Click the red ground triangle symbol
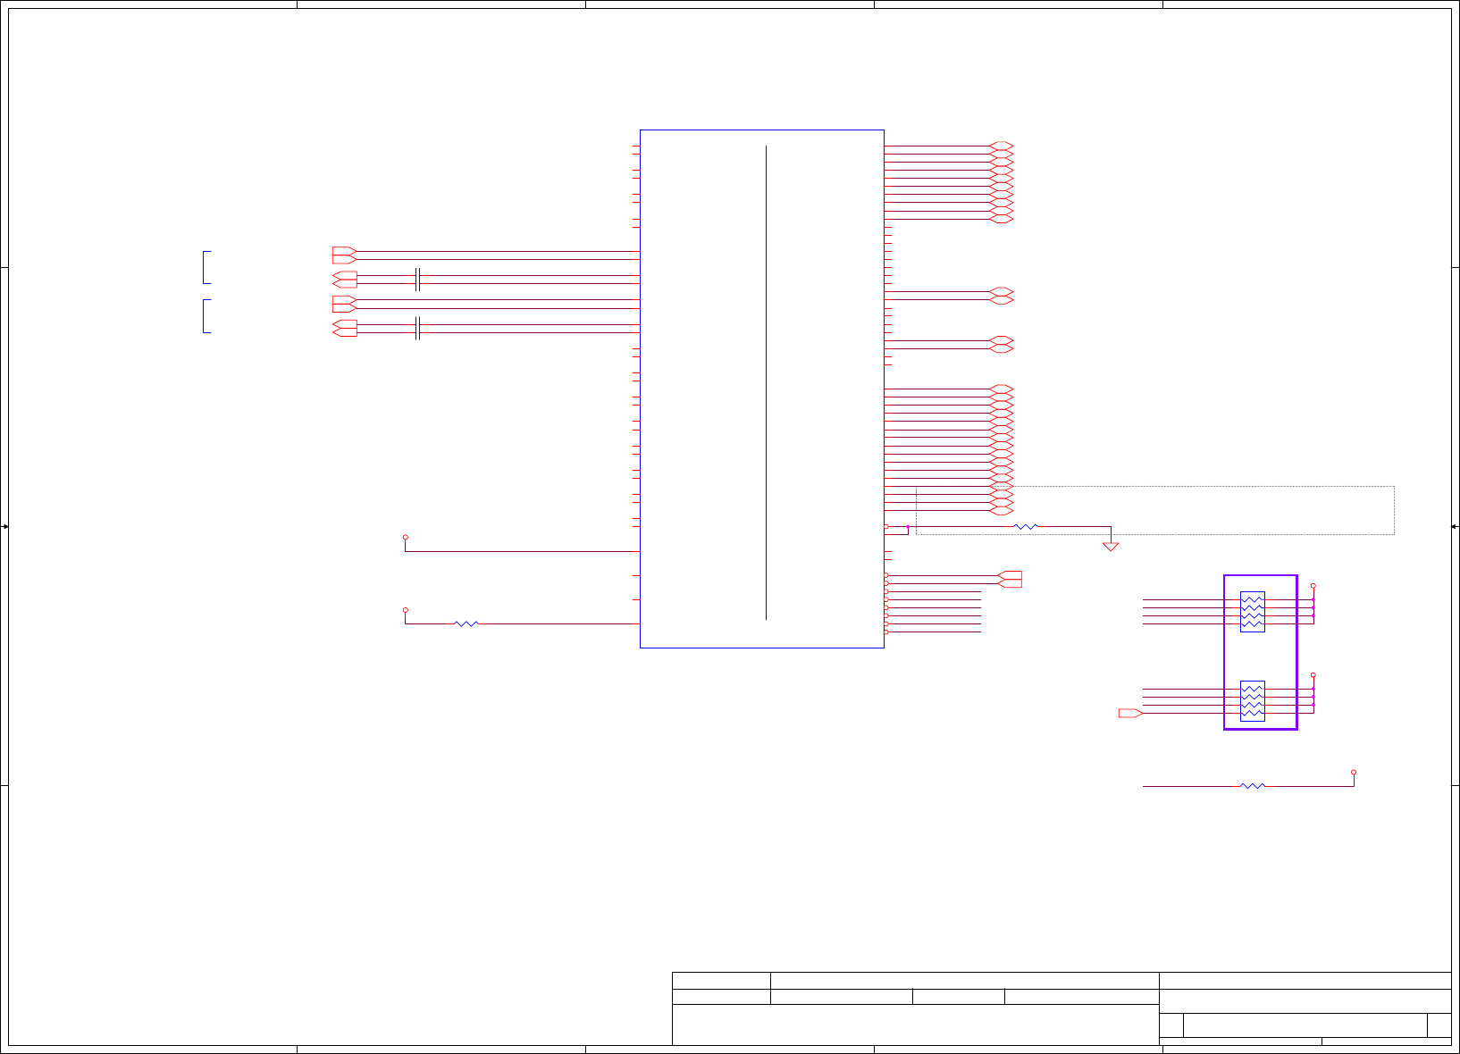click(1111, 547)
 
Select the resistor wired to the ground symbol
click(1026, 527)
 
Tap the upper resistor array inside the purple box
click(1252, 612)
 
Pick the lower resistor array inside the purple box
click(1252, 701)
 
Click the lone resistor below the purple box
click(1253, 786)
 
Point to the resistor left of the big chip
click(466, 623)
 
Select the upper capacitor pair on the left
click(417, 280)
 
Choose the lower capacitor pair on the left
click(417, 328)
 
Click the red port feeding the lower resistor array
click(1130, 713)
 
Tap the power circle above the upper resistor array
click(1313, 586)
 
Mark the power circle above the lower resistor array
click(1313, 675)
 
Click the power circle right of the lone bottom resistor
click(1354, 772)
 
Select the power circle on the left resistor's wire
click(405, 610)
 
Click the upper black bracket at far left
click(206, 267)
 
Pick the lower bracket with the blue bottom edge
click(206, 316)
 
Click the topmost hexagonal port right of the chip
click(1002, 146)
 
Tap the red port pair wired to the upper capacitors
click(344, 280)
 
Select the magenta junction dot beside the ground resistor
click(908, 527)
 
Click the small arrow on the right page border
click(1455, 527)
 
